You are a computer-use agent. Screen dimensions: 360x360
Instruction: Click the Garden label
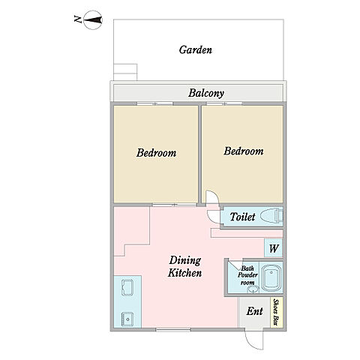click(196, 49)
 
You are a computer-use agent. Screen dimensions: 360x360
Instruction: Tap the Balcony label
click(206, 93)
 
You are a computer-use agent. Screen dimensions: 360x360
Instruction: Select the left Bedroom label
click(156, 153)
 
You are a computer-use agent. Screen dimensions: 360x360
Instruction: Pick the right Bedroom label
click(244, 151)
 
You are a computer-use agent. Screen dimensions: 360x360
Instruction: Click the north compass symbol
click(92, 19)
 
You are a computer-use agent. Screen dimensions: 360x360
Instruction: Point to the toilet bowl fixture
click(271, 215)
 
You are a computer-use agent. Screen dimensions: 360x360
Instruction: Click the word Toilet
click(242, 217)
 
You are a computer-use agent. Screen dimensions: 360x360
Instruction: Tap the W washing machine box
click(274, 248)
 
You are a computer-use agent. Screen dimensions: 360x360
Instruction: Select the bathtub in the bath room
click(271, 278)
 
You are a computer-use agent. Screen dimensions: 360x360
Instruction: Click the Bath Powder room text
click(247, 275)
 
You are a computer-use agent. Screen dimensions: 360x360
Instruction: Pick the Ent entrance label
click(254, 311)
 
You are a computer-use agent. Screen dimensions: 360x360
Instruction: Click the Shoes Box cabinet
click(277, 312)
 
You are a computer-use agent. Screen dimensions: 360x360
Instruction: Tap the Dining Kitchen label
click(184, 266)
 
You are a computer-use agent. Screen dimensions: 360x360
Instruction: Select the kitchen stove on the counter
click(127, 287)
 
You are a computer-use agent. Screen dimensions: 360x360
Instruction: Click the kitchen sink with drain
click(127, 319)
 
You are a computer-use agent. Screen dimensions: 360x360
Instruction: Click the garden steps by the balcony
click(125, 72)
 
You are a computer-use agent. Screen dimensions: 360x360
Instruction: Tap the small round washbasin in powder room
click(253, 289)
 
